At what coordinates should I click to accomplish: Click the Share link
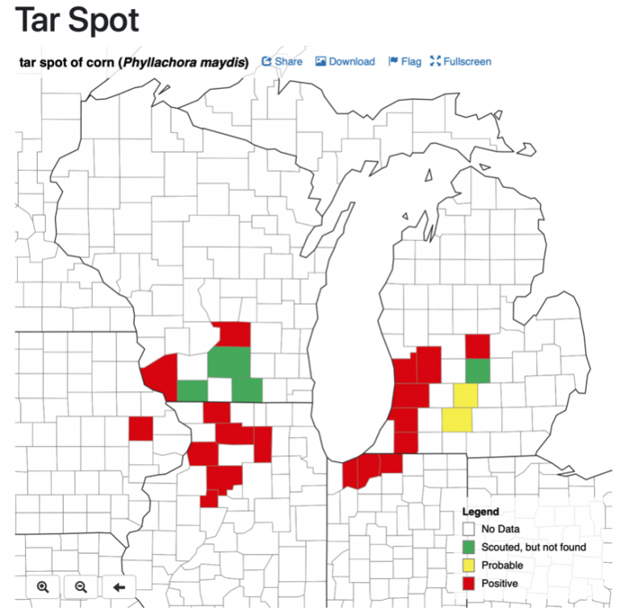tap(288, 61)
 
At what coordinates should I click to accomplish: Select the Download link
tap(351, 61)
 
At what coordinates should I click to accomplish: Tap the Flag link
tap(411, 61)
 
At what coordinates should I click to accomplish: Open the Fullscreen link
tap(467, 61)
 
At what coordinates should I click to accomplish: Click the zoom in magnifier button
tap(43, 587)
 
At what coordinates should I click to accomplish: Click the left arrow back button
tap(119, 587)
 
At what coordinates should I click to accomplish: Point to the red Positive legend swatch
tap(468, 583)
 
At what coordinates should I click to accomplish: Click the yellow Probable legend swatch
tap(468, 565)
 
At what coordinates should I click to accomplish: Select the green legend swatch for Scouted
tap(468, 547)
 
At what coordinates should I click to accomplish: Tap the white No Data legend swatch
tap(468, 529)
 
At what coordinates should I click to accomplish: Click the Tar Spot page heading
tap(77, 21)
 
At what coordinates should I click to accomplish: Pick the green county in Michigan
tap(478, 371)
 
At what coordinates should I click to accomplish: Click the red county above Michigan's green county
tap(478, 347)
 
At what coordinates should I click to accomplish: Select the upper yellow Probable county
tap(465, 396)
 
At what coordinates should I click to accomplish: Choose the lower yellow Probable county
tap(457, 420)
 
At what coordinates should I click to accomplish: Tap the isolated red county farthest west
tap(140, 428)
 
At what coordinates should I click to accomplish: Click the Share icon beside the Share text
tap(266, 61)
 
